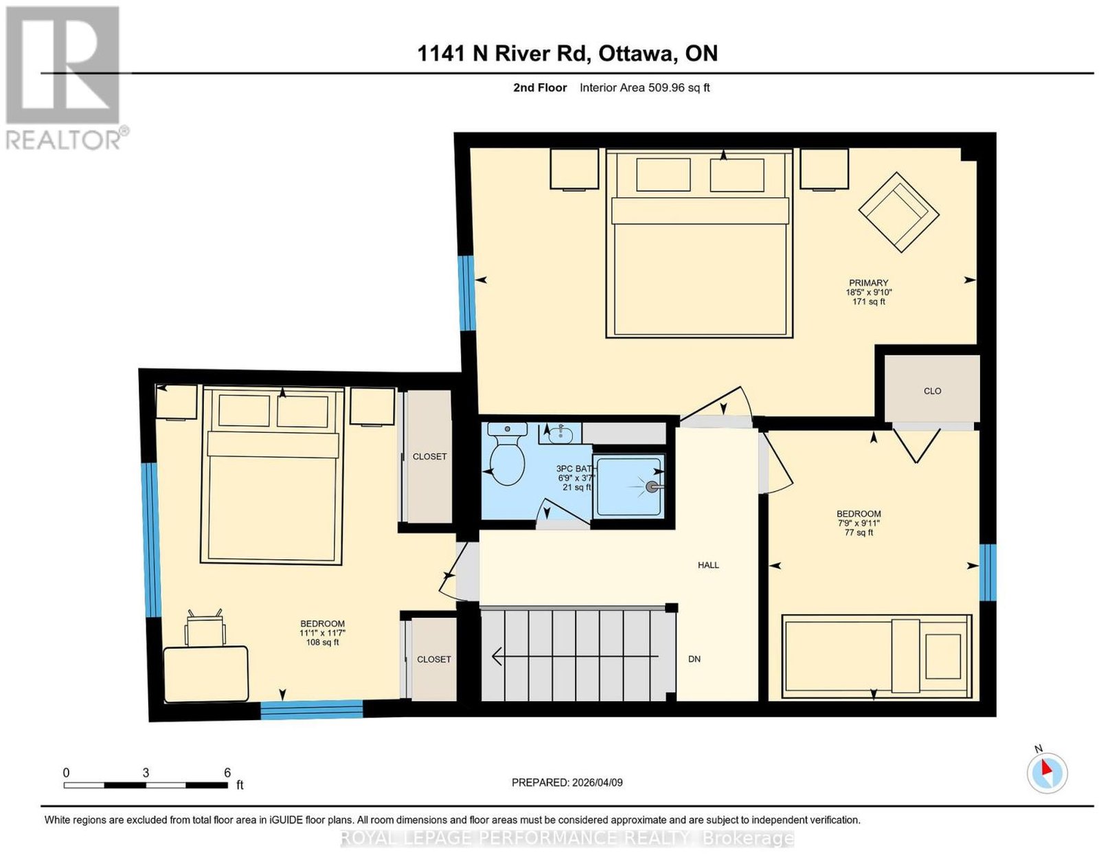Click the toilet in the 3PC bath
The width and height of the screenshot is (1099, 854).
508,453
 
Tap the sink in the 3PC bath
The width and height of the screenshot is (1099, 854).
560,434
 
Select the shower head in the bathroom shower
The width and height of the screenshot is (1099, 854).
653,486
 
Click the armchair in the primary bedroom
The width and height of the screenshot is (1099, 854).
898,212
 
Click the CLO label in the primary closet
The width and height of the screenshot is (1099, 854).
932,391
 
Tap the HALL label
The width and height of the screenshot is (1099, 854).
708,565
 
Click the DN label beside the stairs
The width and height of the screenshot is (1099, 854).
694,659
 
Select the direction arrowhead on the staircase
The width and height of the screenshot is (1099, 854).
498,656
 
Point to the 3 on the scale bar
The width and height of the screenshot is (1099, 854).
146,773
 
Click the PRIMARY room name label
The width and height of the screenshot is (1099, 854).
868,282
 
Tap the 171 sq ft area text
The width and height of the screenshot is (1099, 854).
868,302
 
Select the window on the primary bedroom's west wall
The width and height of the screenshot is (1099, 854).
466,293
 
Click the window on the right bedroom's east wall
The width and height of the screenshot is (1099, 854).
987,572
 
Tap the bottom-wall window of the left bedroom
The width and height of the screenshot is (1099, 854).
312,709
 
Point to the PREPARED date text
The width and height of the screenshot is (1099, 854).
567,782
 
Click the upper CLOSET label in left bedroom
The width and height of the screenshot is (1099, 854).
429,456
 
